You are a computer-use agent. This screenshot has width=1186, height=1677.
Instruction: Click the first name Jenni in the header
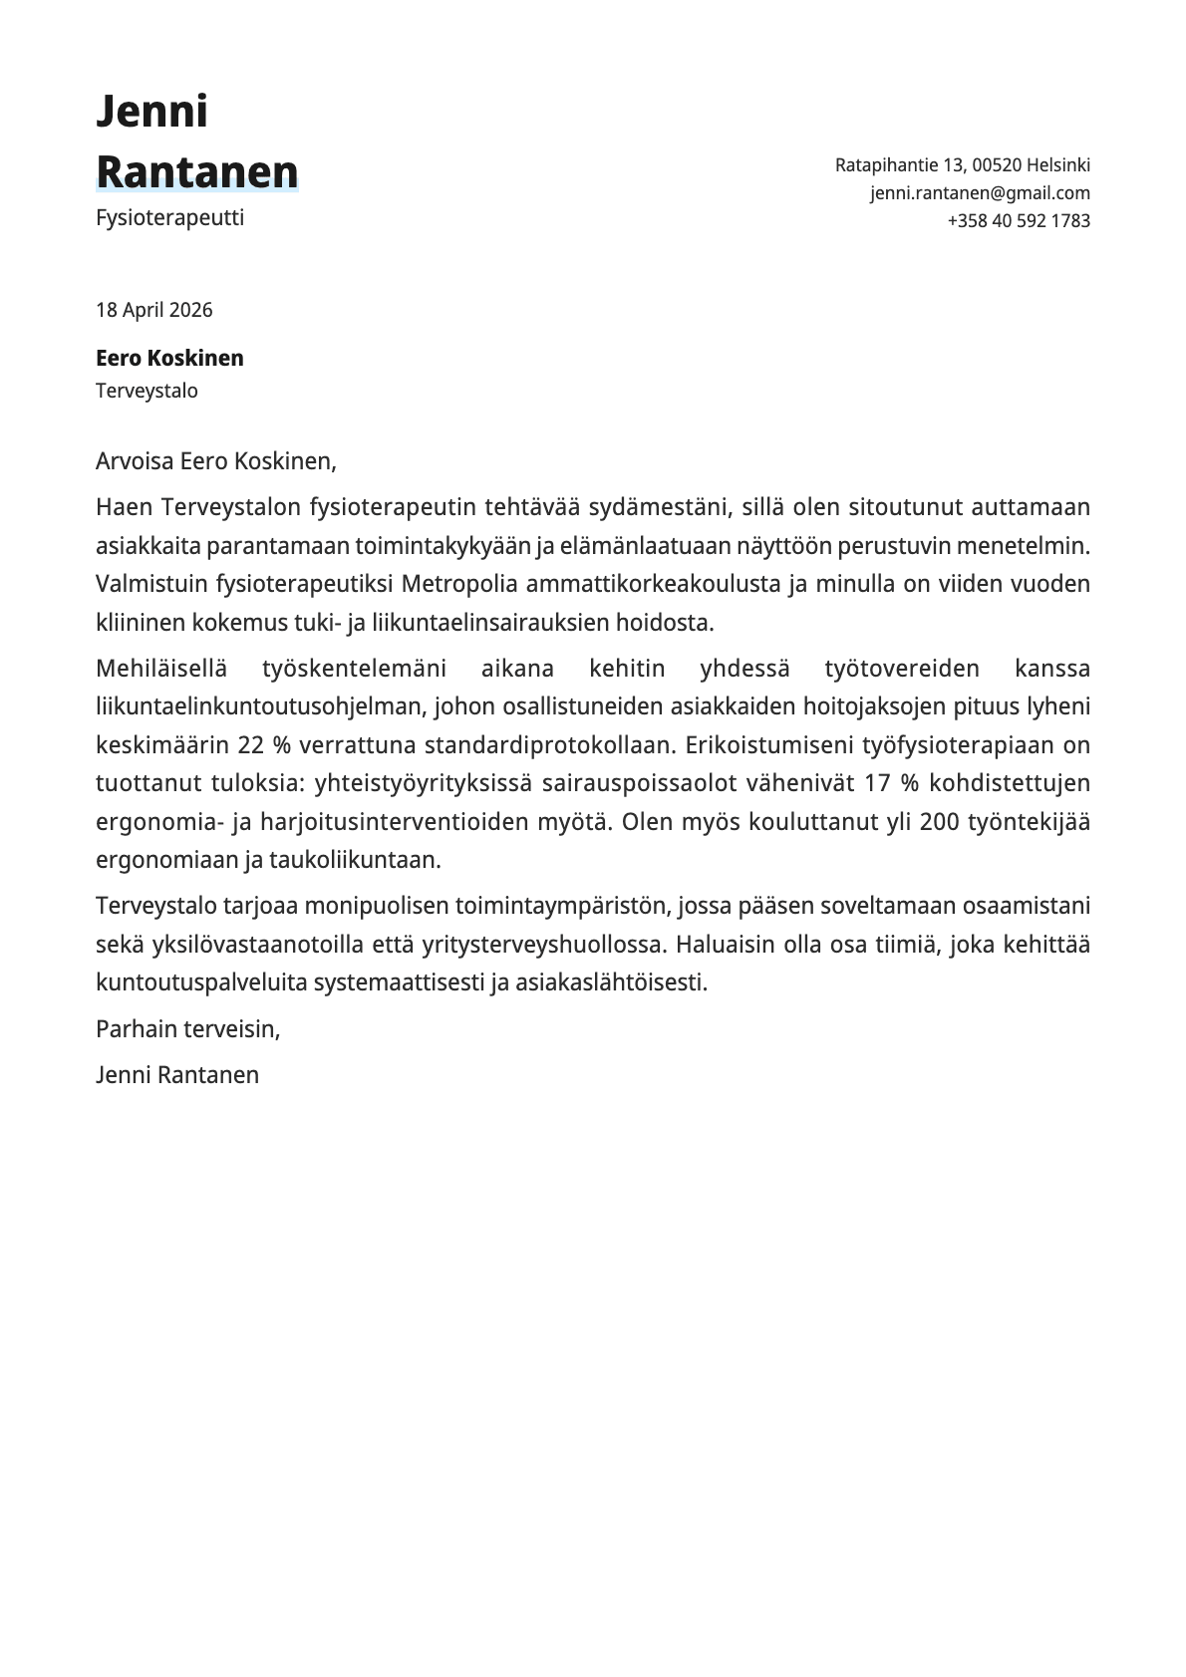pyautogui.click(x=151, y=112)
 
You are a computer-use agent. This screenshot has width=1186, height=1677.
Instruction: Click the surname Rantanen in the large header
pyautogui.click(x=197, y=172)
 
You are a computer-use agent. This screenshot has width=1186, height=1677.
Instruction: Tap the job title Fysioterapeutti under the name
pyautogui.click(x=169, y=217)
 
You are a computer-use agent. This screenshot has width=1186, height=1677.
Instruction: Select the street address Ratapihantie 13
pyautogui.click(x=900, y=165)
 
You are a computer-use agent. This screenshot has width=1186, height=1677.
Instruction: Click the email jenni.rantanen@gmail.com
pyautogui.click(x=980, y=193)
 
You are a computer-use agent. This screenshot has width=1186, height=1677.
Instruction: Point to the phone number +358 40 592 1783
pyautogui.click(x=1019, y=221)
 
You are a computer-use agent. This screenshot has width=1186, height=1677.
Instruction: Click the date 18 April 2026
pyautogui.click(x=153, y=310)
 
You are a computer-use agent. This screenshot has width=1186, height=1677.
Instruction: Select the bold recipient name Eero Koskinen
pyautogui.click(x=169, y=359)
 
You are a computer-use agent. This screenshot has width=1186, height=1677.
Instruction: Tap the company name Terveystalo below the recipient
pyautogui.click(x=147, y=391)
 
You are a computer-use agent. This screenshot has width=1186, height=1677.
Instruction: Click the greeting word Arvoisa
pyautogui.click(x=135, y=461)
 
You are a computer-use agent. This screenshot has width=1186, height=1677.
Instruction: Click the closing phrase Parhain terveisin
pyautogui.click(x=187, y=1029)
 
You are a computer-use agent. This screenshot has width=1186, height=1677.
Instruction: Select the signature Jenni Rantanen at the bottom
pyautogui.click(x=177, y=1075)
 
